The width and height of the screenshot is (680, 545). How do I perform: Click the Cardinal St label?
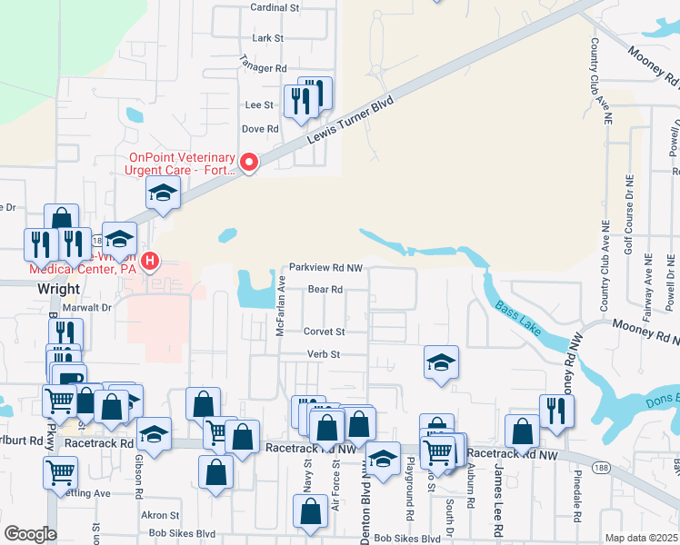point(275,7)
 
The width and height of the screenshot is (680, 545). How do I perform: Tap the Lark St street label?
point(268,38)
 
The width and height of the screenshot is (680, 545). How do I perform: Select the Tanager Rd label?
point(263,68)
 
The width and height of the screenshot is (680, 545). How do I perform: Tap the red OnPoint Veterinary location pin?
point(248,163)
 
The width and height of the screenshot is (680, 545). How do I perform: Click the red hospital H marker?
point(150,263)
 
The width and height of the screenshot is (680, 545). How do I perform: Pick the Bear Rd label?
point(325,290)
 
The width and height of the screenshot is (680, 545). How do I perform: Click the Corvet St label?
point(325,332)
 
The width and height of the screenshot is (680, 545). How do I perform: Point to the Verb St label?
point(323,354)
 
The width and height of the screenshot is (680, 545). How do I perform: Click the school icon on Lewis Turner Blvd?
point(164,193)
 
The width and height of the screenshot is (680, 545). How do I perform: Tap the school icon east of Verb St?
point(442,362)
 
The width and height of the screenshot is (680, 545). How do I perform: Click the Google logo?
point(29,534)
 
